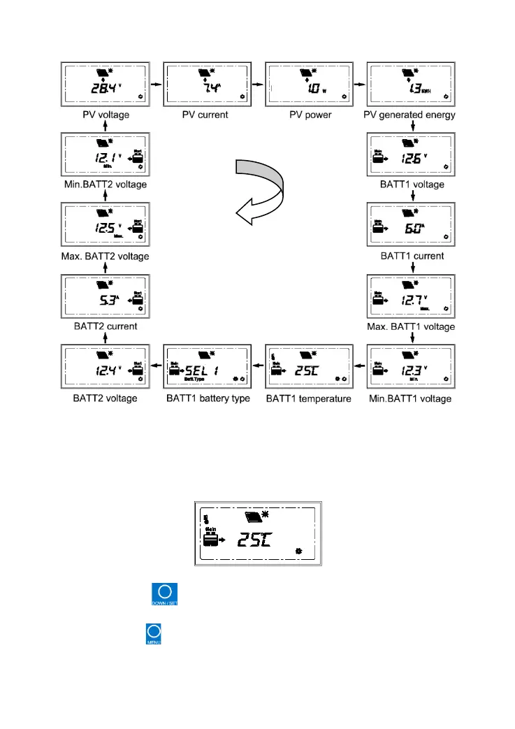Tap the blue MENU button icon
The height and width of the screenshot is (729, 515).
click(x=153, y=635)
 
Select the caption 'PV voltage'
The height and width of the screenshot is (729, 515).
click(x=105, y=115)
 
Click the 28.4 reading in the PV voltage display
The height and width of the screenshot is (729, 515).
click(x=104, y=89)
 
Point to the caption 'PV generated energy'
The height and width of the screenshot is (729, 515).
click(x=411, y=115)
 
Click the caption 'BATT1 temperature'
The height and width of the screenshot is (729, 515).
click(x=309, y=398)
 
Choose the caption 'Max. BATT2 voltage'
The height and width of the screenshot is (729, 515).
click(x=105, y=257)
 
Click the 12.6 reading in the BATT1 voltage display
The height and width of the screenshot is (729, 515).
click(x=411, y=159)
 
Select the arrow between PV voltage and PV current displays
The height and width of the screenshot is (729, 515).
click(x=156, y=84)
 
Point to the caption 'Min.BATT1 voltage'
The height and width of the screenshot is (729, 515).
click(x=411, y=398)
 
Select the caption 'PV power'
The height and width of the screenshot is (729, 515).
click(x=309, y=115)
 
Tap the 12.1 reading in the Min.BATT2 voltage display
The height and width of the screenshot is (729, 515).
click(x=104, y=159)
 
